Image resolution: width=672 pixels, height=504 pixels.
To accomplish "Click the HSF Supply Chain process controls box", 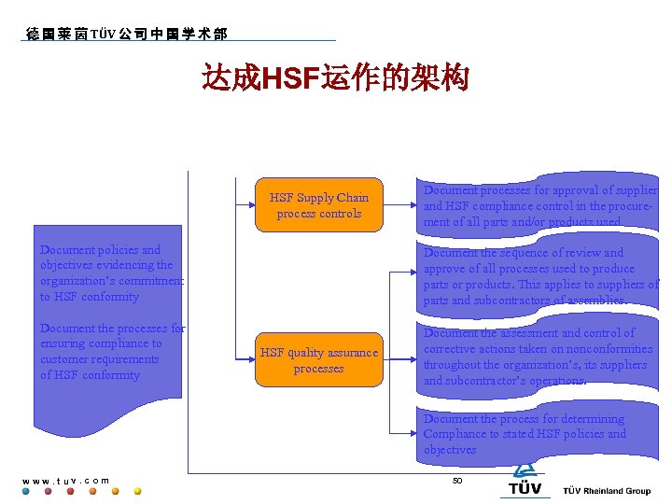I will pos(319,205).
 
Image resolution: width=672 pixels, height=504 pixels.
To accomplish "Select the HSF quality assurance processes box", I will pos(319,360).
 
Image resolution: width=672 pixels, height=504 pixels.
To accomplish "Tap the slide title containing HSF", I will pos(335,79).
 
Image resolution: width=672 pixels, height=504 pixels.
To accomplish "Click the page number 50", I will pos(457,480).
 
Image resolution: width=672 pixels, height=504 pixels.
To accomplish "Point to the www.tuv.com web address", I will pos(65,481).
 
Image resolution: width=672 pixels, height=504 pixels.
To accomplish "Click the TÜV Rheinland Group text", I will pos(607,491).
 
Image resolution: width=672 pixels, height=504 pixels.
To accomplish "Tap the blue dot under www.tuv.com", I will pos(26,491).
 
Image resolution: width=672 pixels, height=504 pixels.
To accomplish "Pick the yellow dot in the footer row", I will pos(137,491).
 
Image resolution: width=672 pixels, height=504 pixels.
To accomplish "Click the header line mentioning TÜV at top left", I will pos(126,34).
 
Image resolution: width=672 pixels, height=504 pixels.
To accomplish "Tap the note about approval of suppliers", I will pos(539,206).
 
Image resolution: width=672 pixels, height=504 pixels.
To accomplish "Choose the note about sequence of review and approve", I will pos(539,276).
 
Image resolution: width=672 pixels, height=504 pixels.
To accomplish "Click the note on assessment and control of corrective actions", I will pos(538,357).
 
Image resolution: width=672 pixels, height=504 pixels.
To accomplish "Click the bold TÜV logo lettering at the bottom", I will pos(525,489).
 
